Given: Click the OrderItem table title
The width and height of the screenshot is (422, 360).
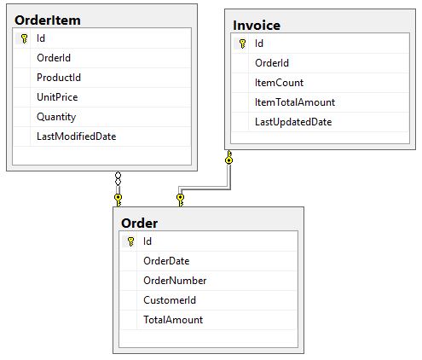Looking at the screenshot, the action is tap(48, 20).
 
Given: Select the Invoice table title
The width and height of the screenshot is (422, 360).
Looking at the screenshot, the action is tap(257, 26).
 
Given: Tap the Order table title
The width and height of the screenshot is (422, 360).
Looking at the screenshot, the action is tap(139, 224).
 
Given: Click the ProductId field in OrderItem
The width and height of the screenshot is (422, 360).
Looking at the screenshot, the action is tap(59, 78).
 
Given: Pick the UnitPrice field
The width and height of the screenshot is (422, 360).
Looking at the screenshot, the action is tap(57, 97).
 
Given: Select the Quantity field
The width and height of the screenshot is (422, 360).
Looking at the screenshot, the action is tap(56, 117).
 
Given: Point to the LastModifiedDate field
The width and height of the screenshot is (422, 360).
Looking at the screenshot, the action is tap(77, 136).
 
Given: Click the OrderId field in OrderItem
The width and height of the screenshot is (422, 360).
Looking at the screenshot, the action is tap(54, 58).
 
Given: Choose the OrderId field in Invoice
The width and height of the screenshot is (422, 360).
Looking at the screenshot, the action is tap(272, 63).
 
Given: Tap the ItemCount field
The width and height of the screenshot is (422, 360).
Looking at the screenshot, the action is tap(280, 83).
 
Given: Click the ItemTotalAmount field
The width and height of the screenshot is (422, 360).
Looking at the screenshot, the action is tap(295, 102).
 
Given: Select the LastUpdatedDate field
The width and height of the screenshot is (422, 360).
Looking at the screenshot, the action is tap(293, 122).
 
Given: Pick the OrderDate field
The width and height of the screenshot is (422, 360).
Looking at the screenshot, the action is tap(166, 261).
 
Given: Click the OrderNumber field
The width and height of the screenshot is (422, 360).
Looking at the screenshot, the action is tap(175, 281).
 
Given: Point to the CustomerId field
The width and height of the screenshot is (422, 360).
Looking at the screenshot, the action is tap(170, 300).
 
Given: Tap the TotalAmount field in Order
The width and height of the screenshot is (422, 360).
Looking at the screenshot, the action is tap(173, 320).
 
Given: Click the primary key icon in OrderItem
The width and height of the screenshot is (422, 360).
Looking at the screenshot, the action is tap(25, 38).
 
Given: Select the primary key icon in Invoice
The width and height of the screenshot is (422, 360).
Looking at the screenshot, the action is tap(242, 44).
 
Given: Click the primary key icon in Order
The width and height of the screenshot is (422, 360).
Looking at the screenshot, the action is tap(130, 241).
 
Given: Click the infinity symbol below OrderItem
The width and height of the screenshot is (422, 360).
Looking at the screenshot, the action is tap(118, 178).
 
